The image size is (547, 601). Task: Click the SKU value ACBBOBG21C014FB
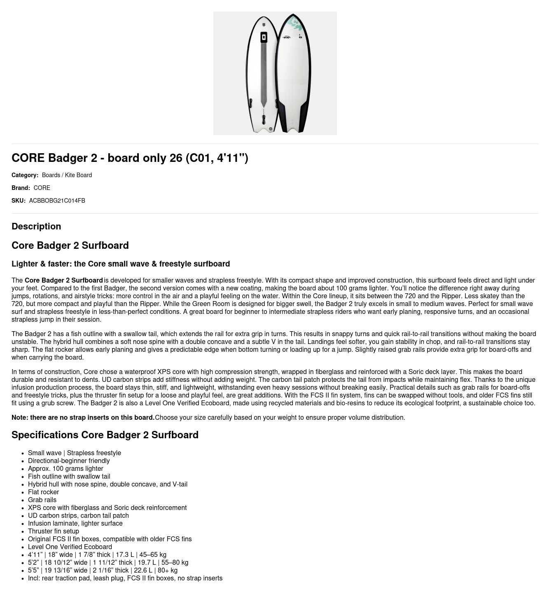57,201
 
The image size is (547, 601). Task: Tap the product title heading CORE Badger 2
130,158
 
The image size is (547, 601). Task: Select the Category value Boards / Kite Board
67,175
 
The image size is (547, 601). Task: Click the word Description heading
36,226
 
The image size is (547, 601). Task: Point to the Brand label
21,188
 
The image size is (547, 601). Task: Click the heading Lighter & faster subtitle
121,264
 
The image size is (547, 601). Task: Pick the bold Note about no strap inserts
83,417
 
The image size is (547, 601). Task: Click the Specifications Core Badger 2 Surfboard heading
105,435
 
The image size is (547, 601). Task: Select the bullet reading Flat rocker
43,492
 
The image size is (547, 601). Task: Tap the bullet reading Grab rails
42,500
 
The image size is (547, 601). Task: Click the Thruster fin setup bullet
54,531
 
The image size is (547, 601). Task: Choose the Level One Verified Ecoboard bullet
70,547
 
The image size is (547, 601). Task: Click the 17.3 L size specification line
97,554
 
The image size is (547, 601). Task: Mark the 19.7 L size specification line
108,562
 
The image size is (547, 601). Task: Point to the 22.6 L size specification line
103,570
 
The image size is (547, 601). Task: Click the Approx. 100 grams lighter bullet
65,468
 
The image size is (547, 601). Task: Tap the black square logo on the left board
264,37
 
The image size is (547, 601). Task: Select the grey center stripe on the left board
264,74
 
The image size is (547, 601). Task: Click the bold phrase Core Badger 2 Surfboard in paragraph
64,280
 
